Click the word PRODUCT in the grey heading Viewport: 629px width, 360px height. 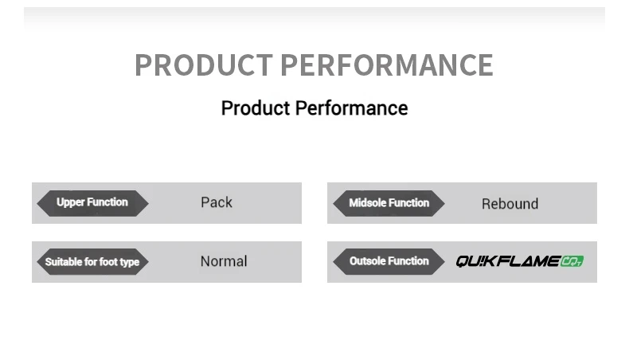pos(204,65)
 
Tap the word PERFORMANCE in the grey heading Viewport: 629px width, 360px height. pos(387,65)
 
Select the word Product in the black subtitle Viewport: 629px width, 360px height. pos(256,108)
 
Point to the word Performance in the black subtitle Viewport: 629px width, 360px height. pos(351,108)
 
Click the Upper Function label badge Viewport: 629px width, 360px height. pos(92,203)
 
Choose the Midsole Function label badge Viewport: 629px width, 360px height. pos(389,203)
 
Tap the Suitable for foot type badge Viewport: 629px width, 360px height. pos(92,262)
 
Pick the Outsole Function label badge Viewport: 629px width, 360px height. pos(389,262)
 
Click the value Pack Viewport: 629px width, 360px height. pos(217,202)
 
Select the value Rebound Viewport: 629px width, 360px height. pos(510,204)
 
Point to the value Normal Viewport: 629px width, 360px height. pos(224,261)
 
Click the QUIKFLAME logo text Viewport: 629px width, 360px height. pos(508,261)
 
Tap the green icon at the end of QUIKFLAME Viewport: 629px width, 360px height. pos(572,261)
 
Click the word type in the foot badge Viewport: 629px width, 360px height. pos(129,263)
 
